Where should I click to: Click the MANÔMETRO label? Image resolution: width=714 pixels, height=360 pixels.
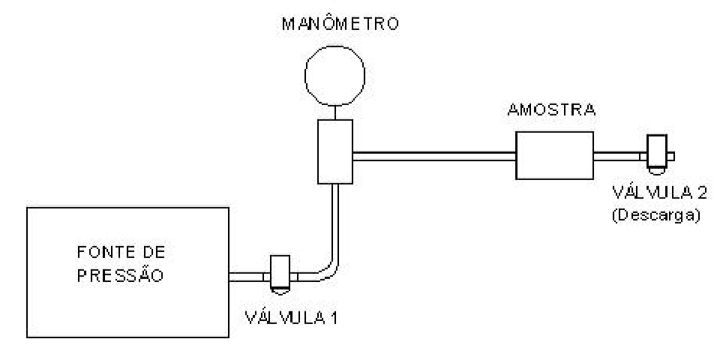coord(340,24)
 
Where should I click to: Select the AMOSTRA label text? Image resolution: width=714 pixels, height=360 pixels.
coord(551,110)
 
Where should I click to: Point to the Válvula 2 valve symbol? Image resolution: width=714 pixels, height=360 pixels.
coord(657,154)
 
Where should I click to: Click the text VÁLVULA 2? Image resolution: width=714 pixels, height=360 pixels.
coord(659,193)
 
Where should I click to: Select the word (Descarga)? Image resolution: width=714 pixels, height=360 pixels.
coord(655,214)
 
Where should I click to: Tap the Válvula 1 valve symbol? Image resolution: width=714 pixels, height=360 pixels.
coord(280,275)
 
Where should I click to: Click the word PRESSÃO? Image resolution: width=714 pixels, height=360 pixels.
coord(120,275)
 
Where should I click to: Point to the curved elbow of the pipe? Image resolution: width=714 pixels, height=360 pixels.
coord(328,271)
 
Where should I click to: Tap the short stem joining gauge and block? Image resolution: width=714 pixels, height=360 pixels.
coord(335,112)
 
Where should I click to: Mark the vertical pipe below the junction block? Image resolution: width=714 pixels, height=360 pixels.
coord(335,222)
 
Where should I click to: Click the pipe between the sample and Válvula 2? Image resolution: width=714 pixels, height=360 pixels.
coord(616,157)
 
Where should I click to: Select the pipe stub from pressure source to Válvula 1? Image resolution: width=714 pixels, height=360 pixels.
coord(246,277)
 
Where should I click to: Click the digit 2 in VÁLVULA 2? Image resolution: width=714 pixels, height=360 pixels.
coord(701,193)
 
